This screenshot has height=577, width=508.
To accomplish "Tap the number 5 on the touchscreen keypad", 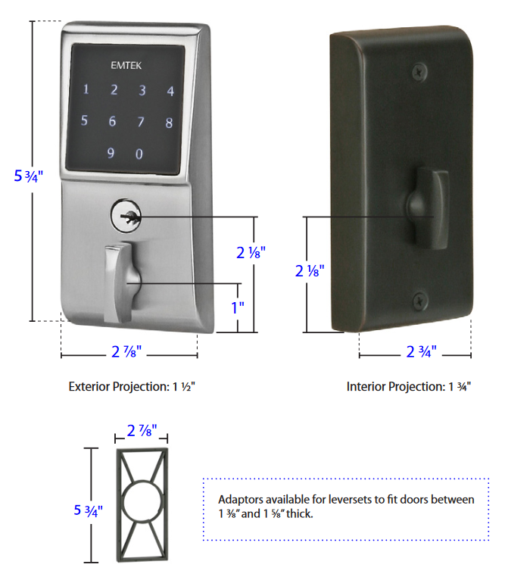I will pyautogui.click(x=84, y=120).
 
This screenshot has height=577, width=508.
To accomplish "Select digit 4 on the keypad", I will pyautogui.click(x=170, y=92).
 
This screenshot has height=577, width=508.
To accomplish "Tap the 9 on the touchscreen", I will pyautogui.click(x=111, y=154).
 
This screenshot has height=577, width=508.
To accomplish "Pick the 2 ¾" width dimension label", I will pyautogui.click(x=420, y=352).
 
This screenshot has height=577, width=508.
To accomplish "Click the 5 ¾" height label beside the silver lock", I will pyautogui.click(x=29, y=176).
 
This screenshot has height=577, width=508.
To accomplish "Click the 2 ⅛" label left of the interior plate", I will pyautogui.click(x=311, y=270).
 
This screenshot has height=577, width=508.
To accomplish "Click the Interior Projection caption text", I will pyautogui.click(x=409, y=386).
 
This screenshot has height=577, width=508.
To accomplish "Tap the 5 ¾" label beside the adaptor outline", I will pyautogui.click(x=89, y=510).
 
